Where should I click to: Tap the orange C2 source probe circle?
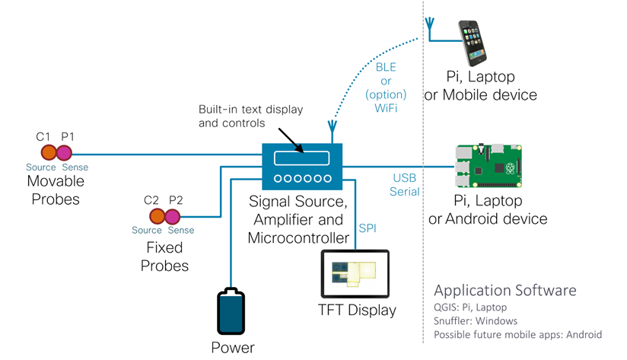pos(153,218)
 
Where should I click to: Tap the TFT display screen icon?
pos(355,275)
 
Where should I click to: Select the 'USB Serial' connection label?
pos(405,185)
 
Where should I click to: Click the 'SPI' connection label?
pos(368,228)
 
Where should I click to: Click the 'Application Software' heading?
pos(504,291)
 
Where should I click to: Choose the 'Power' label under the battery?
pos(233,349)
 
